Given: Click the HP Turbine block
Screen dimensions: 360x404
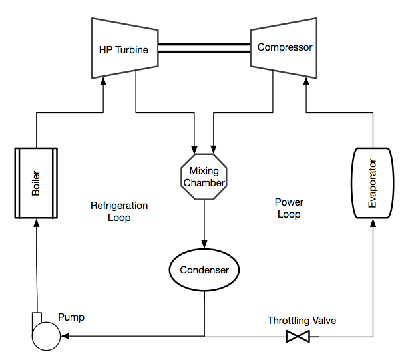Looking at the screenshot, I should point(124,49).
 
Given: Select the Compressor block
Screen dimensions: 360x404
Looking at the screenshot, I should point(284,47).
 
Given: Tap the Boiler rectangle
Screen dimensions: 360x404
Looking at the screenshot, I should point(36,183).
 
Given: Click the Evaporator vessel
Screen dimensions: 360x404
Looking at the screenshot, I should point(373,183).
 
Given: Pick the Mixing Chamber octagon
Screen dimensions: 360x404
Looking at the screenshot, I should point(203,177).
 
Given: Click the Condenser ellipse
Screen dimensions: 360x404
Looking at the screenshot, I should point(204,270).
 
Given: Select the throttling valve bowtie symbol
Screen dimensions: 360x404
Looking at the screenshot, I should point(298,337).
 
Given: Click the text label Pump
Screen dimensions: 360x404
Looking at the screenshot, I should point(71,317).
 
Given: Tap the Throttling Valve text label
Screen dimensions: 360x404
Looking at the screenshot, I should point(302,321).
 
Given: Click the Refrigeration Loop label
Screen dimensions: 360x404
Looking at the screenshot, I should point(119,212).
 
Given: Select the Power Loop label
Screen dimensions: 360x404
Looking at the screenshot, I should point(289,208).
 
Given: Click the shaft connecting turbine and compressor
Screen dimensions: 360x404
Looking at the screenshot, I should point(203,48).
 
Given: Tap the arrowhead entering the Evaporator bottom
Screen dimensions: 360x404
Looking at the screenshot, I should point(373,223).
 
